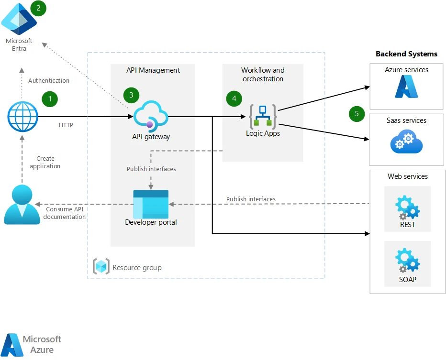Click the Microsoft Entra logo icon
[x=19, y=18]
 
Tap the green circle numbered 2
[x=38, y=8]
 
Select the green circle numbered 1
[x=50, y=99]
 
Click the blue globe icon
[x=22, y=117]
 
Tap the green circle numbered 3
[x=131, y=95]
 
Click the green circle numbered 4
[x=234, y=98]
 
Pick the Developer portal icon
[x=151, y=204]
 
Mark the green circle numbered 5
[x=357, y=114]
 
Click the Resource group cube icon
[x=101, y=267]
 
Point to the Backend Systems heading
[x=406, y=54]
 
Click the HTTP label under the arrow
[x=66, y=125]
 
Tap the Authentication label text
[x=49, y=81]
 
